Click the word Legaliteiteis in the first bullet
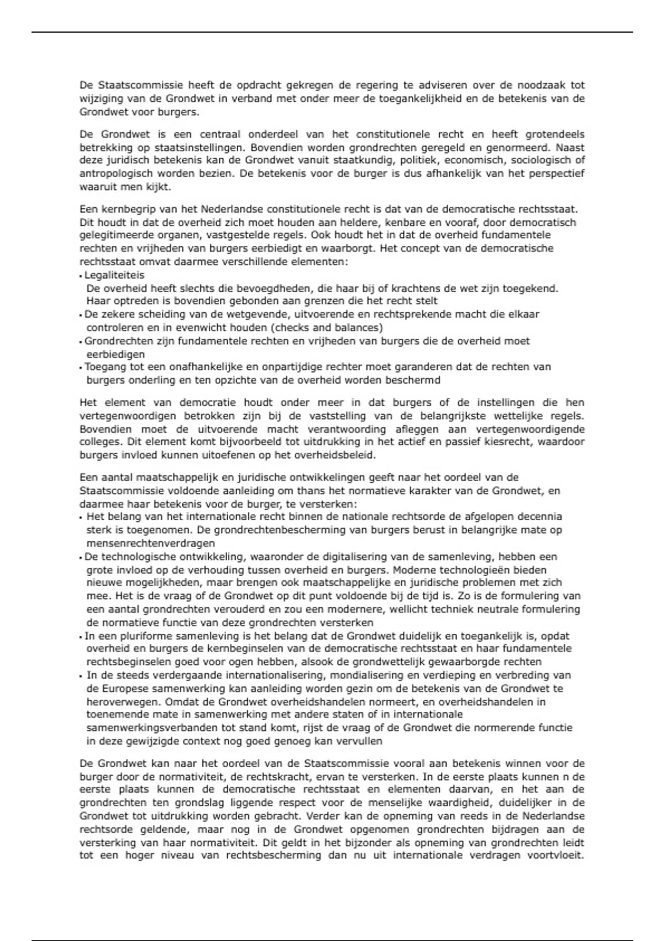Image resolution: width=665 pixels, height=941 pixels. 114,275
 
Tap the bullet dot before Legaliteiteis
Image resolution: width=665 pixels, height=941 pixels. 81,276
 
